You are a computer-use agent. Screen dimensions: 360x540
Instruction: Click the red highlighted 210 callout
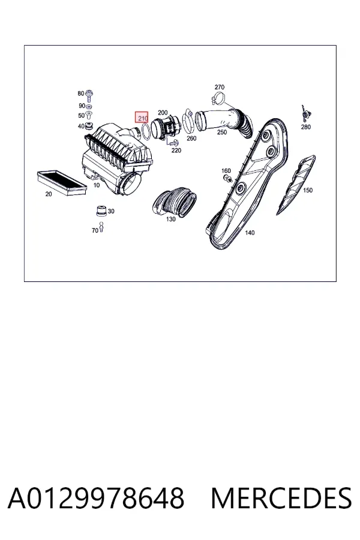pos(142,118)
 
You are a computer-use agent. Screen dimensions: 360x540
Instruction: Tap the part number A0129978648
pos(96,499)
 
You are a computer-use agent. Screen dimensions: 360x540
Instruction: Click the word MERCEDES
pos(281,499)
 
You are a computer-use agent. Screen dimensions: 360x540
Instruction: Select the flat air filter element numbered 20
pos(61,182)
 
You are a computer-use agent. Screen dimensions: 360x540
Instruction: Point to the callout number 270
pos(220,87)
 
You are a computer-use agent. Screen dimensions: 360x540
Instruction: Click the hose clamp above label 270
pos(218,98)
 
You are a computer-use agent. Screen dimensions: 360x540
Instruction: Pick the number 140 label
pos(250,233)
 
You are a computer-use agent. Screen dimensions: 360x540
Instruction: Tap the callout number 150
pos(308,190)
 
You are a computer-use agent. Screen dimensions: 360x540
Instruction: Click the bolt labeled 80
pos(90,95)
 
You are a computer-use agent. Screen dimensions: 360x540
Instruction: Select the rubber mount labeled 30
pos(101,211)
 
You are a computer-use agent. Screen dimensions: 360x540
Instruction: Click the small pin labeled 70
pos(101,227)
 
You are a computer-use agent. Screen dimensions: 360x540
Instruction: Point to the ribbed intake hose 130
pos(175,202)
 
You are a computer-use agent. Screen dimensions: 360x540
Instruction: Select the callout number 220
pos(176,151)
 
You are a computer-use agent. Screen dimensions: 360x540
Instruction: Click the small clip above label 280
pos(305,113)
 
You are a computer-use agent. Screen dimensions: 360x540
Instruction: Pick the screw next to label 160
pos(227,178)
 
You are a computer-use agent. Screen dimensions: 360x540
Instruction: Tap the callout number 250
pos(222,132)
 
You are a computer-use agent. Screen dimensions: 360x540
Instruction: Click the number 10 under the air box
pos(97,185)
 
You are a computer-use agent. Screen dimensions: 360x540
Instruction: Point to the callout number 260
pos(191,138)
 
